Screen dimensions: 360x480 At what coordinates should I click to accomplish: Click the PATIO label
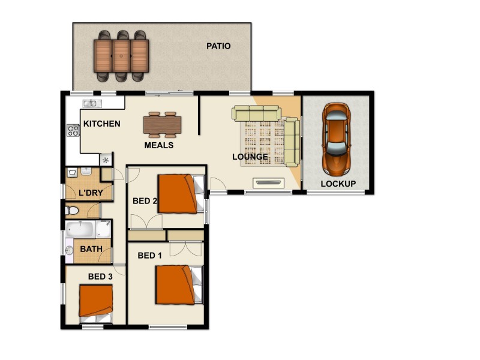click(218, 46)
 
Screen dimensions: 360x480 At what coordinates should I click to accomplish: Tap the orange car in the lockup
click(336, 137)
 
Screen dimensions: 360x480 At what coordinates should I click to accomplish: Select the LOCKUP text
click(338, 184)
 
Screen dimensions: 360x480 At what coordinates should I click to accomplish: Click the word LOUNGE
click(250, 157)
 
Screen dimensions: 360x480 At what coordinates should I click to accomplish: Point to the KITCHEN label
click(101, 124)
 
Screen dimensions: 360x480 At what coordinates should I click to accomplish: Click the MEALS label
click(159, 145)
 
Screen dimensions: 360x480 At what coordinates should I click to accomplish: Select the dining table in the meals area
click(162, 125)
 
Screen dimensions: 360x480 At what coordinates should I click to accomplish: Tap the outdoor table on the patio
click(122, 55)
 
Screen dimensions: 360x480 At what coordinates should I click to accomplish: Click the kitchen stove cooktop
click(73, 130)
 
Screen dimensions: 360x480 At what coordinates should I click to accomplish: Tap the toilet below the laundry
click(72, 211)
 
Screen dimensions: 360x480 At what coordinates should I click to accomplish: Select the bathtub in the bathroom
click(80, 229)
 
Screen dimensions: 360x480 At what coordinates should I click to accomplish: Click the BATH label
click(91, 249)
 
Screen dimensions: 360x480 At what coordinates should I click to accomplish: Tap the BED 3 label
click(100, 277)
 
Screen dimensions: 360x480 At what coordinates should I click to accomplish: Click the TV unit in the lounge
click(268, 182)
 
